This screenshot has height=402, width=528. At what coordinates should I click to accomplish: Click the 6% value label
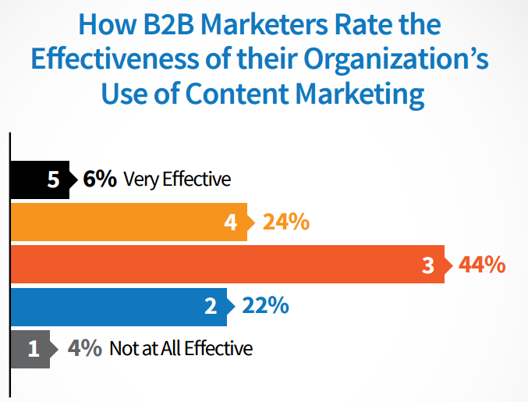tap(100, 180)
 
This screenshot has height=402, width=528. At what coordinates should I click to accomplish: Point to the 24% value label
tap(286, 222)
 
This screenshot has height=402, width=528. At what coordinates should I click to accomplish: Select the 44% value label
tap(480, 265)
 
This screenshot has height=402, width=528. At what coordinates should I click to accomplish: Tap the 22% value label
tap(266, 306)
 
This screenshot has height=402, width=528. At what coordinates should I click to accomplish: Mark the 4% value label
tap(84, 348)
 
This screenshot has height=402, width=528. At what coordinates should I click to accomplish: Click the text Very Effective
tap(177, 180)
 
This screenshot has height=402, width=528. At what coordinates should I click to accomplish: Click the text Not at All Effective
tap(181, 348)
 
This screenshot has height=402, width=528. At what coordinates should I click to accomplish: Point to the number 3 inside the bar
tap(427, 265)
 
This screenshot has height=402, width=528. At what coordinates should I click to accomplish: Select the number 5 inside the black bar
tap(53, 180)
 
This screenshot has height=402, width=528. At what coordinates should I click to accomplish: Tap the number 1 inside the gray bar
tap(33, 348)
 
